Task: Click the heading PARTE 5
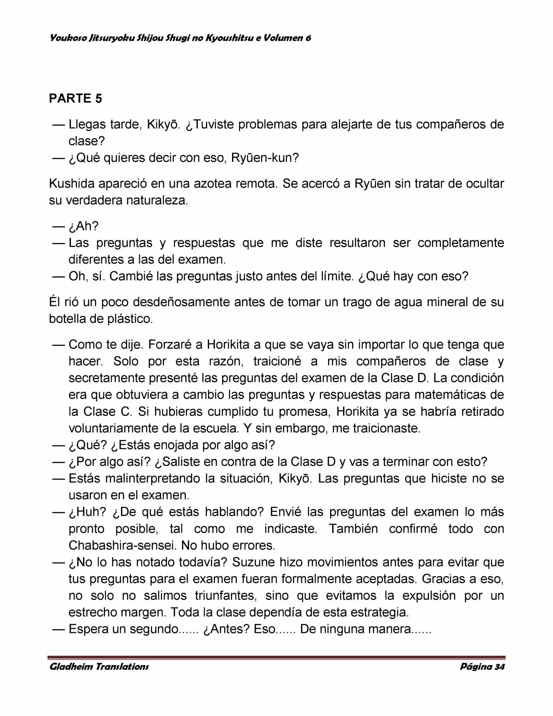click(76, 99)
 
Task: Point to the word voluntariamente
click(114, 428)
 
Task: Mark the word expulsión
click(429, 596)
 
